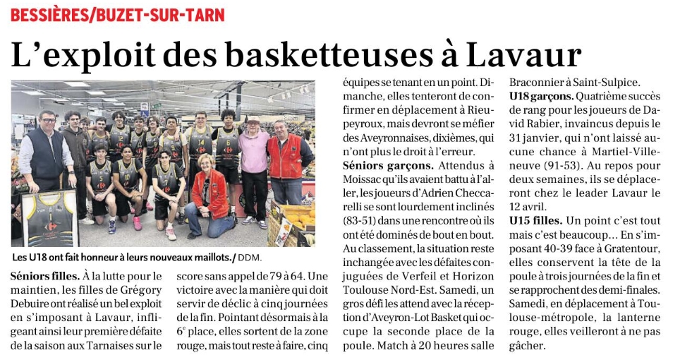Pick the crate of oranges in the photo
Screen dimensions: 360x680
[296, 222]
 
